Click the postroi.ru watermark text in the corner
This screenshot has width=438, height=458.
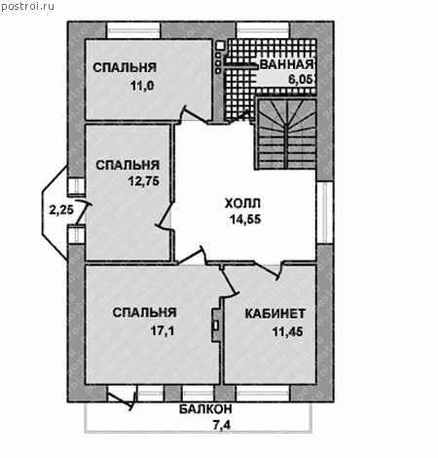[27, 6]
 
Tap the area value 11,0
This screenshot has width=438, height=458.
[142, 86]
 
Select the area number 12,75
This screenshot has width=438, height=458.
[144, 181]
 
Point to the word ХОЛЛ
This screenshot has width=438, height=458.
[242, 204]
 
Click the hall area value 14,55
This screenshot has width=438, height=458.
[245, 219]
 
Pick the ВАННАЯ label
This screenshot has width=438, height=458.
[287, 64]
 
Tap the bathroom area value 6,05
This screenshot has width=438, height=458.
[302, 80]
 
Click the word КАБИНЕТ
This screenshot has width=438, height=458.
[275, 314]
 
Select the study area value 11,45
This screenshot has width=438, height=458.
[287, 331]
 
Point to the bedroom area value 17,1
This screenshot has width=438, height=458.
[163, 331]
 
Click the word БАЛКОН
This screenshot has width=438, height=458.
[205, 409]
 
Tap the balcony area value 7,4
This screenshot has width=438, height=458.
[222, 425]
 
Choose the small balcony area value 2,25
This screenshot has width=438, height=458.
[61, 210]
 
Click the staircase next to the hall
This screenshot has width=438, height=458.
[286, 134]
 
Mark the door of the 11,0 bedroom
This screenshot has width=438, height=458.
[194, 115]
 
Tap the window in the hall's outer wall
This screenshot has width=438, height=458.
[323, 212]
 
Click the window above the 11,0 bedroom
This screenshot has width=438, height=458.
[133, 30]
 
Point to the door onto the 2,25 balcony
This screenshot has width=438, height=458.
[82, 211]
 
